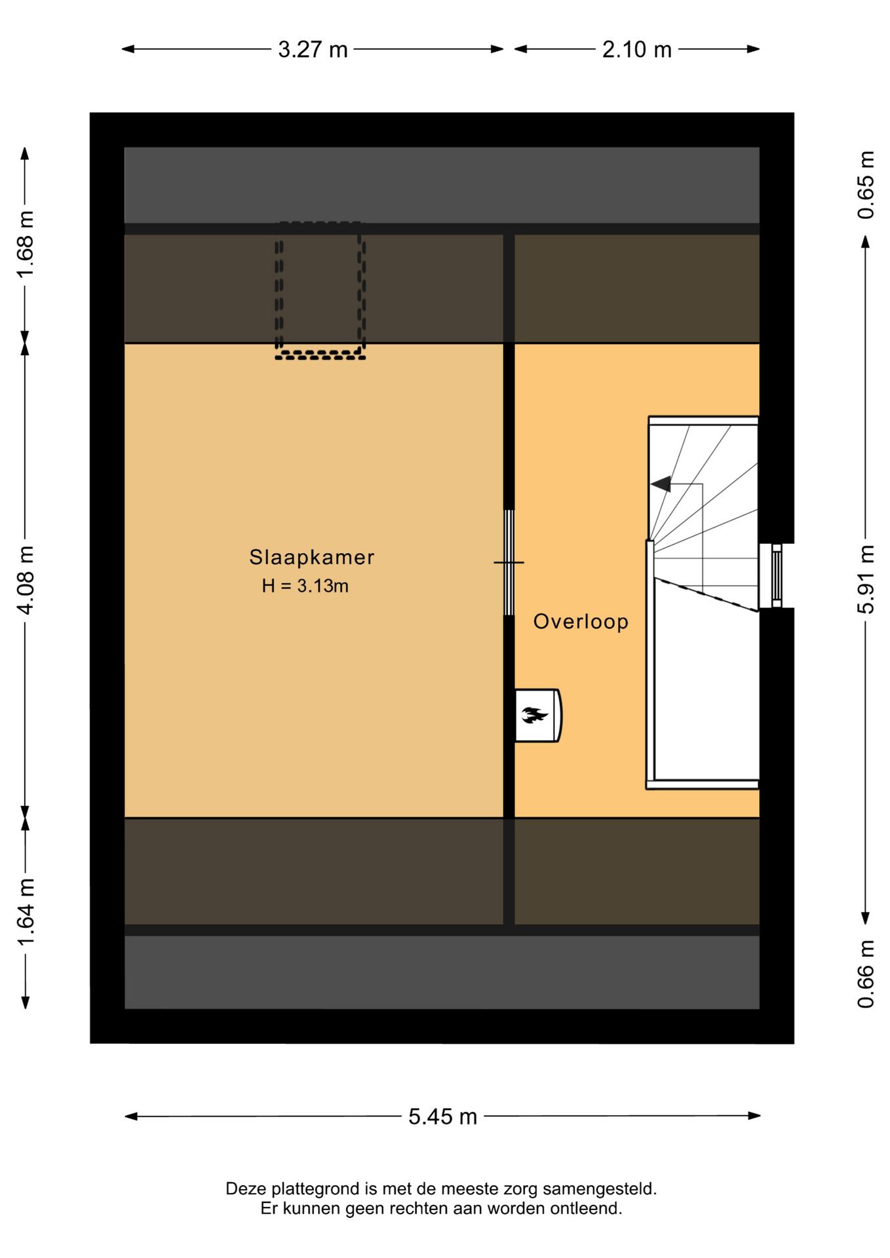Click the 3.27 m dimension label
click(313, 50)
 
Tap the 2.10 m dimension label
click(636, 50)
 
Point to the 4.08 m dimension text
click(26, 580)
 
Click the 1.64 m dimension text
click(26, 912)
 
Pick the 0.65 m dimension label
click(866, 185)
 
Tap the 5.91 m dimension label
click(866, 580)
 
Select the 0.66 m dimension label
click(866, 974)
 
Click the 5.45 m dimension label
click(442, 1116)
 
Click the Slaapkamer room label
click(312, 557)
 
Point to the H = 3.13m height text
click(305, 586)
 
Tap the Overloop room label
click(581, 621)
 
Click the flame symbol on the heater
click(534, 715)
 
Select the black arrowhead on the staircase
click(661, 484)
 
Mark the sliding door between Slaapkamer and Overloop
click(509, 562)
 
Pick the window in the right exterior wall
click(777, 576)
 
